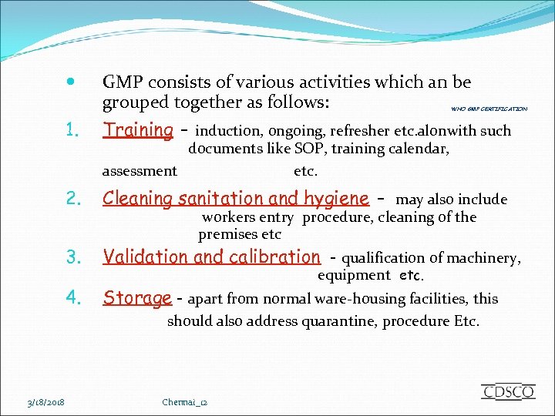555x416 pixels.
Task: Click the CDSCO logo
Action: click(507, 391)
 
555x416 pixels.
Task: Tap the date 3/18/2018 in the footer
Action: click(46, 402)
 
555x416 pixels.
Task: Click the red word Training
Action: click(138, 130)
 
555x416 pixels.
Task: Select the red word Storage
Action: click(137, 298)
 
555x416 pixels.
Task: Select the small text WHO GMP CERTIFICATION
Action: click(489, 109)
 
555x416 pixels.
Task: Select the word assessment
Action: click(140, 171)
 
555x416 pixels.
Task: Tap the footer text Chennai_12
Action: click(185, 402)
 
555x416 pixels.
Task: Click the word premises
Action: click(227, 234)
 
